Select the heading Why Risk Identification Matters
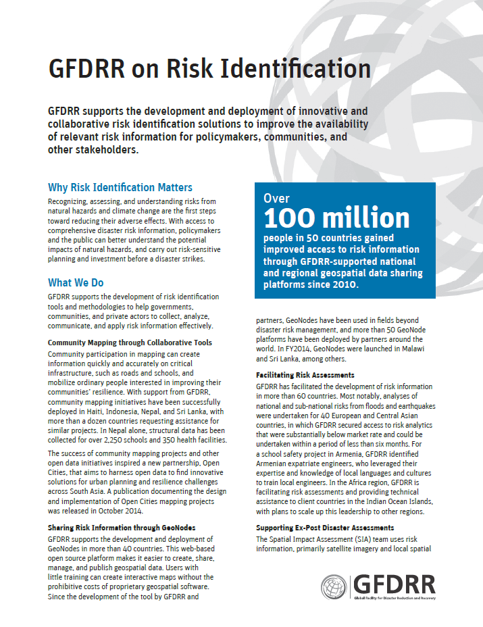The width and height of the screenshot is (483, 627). [x=120, y=187]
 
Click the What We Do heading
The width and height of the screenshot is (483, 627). [x=76, y=282]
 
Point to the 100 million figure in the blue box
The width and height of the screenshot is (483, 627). [x=336, y=218]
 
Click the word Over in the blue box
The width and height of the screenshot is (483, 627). [x=277, y=199]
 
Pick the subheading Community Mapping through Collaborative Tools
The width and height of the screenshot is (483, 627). [x=130, y=343]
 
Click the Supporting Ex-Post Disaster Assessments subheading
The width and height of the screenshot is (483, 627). [x=325, y=527]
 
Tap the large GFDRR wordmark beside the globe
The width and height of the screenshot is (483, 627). [x=395, y=584]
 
